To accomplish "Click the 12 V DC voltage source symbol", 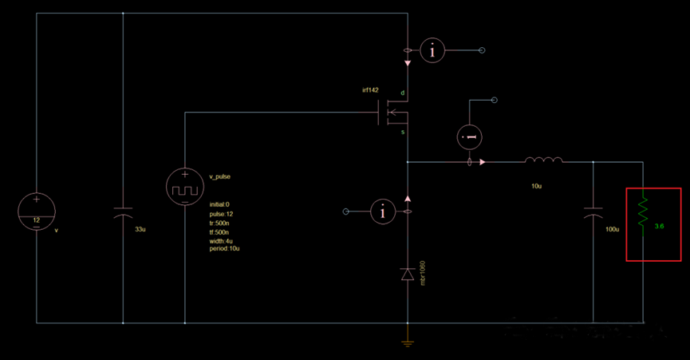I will (x=37, y=212).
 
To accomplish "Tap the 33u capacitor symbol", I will (x=123, y=216).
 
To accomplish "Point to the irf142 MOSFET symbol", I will (x=391, y=116).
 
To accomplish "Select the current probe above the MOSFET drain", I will (x=432, y=50).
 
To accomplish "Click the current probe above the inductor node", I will (x=470, y=137).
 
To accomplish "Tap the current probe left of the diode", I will (x=384, y=212).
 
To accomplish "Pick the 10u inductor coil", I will (x=543, y=161).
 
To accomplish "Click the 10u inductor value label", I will (x=537, y=185).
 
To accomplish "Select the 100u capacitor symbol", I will (x=593, y=216).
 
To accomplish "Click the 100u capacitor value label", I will (x=613, y=230).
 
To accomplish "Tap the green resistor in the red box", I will (x=643, y=214).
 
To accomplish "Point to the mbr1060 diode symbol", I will (x=408, y=275).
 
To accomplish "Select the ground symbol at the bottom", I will (x=408, y=342).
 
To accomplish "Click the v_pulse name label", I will (x=219, y=176).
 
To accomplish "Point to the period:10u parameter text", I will (x=224, y=249).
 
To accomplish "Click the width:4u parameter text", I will (x=221, y=240).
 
